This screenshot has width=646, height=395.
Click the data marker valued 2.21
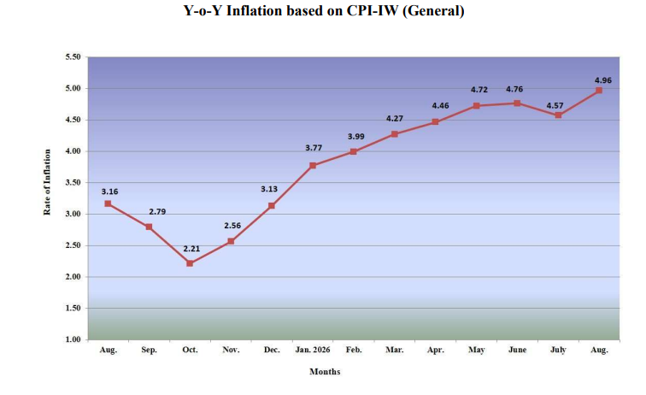click(190, 263)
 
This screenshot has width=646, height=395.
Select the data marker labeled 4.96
click(599, 91)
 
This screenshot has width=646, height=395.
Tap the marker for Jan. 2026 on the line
click(313, 165)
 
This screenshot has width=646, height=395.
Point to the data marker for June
click(517, 103)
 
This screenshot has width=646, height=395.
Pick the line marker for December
click(272, 205)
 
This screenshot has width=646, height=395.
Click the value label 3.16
click(109, 192)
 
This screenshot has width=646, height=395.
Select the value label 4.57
click(555, 106)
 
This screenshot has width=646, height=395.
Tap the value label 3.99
click(356, 137)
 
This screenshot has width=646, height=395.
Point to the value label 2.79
click(157, 211)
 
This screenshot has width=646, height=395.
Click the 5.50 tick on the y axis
click(73, 57)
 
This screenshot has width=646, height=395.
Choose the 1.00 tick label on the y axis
click(73, 339)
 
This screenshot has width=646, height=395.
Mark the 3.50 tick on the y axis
click(73, 183)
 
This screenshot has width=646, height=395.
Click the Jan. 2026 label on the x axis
click(313, 350)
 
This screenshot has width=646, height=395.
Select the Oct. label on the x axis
click(190, 350)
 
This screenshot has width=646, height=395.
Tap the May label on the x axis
click(476, 350)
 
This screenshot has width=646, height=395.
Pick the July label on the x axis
click(558, 350)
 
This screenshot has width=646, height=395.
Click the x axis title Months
click(325, 372)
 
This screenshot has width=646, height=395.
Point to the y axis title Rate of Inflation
click(47, 182)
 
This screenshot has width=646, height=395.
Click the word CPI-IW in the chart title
click(373, 11)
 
